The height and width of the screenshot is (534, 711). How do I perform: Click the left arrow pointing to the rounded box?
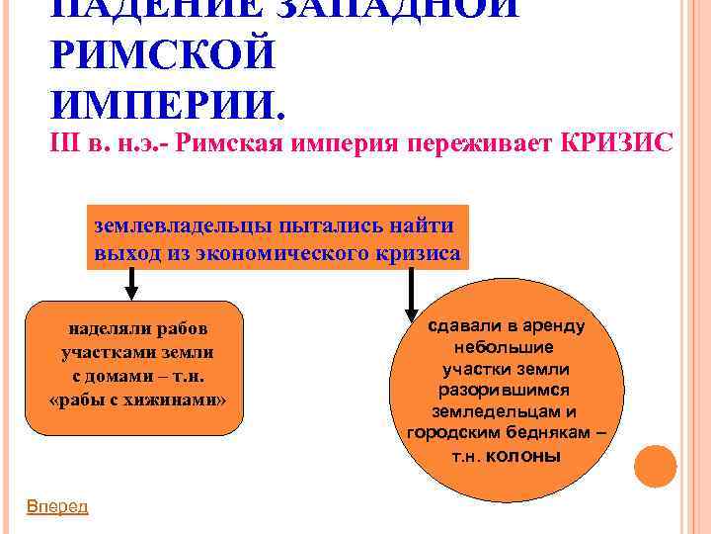click(x=132, y=284)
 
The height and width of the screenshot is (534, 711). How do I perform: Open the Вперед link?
click(x=56, y=506)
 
